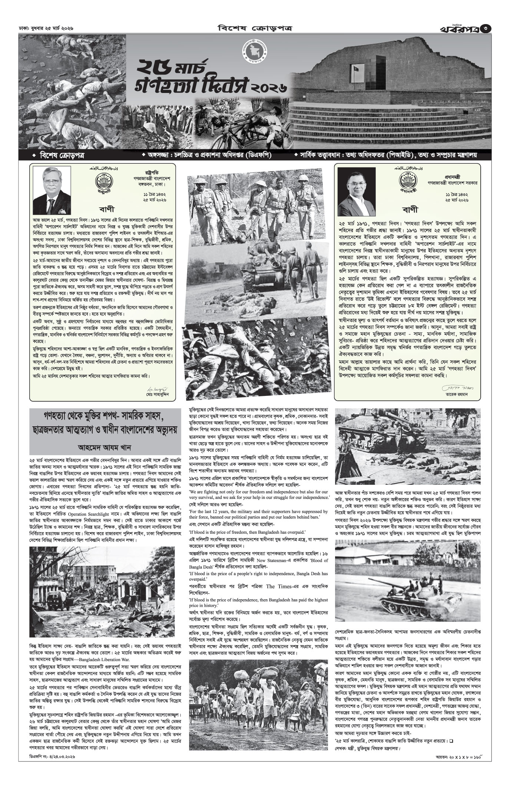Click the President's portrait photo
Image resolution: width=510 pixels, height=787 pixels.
point(46,189)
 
